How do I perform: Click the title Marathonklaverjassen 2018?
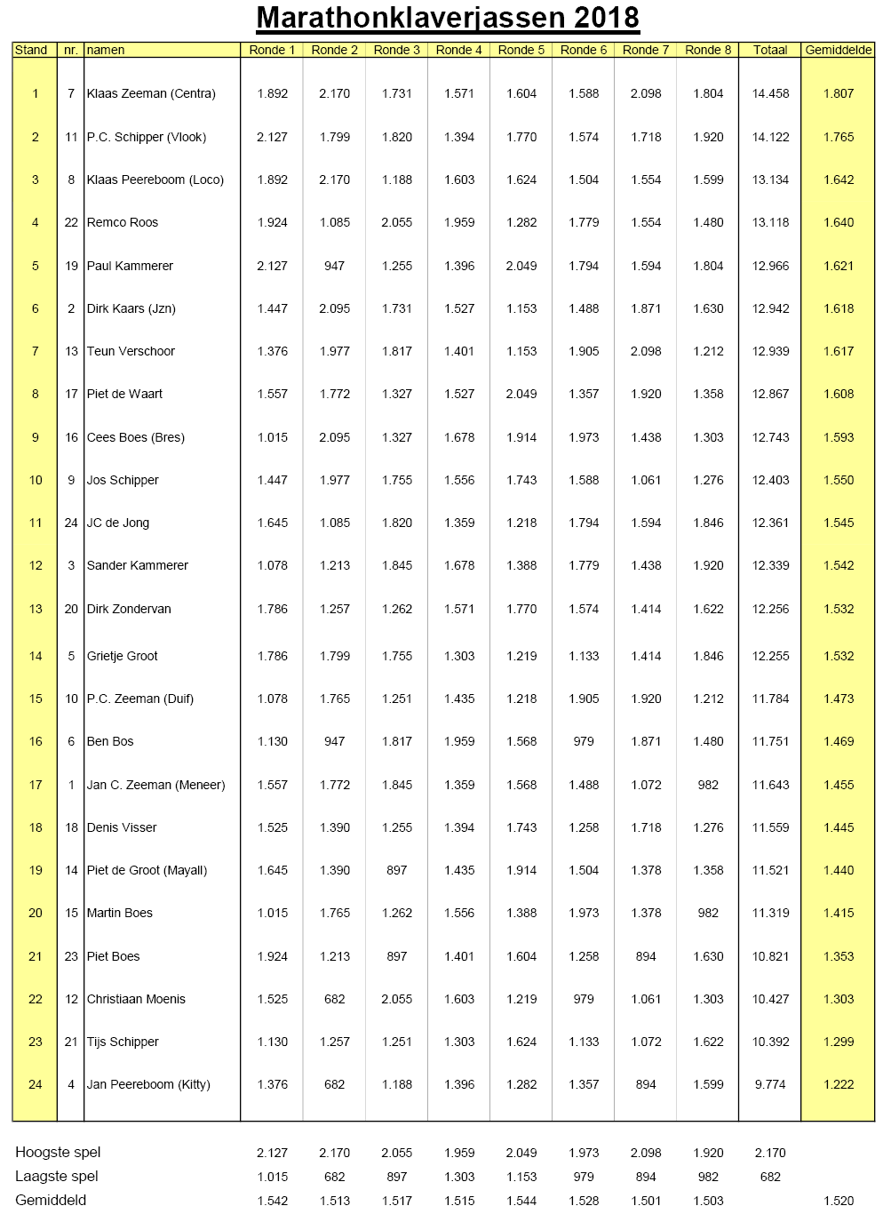pyautogui.click(x=448, y=18)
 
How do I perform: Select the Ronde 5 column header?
pyautogui.click(x=521, y=50)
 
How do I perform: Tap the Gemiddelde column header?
pyautogui.click(x=838, y=50)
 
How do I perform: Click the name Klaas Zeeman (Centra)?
pyautogui.click(x=151, y=93)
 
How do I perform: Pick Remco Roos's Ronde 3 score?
pyautogui.click(x=397, y=222)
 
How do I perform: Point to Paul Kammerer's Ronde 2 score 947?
pyautogui.click(x=335, y=266)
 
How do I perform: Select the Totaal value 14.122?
pyautogui.click(x=770, y=137)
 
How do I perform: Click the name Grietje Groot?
pyautogui.click(x=123, y=656)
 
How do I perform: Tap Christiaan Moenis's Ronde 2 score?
pyautogui.click(x=335, y=999)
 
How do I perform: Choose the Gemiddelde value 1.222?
pyautogui.click(x=838, y=1084)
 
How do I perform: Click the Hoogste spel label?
pyautogui.click(x=58, y=1152)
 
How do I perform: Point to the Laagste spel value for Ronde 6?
pyautogui.click(x=584, y=1177)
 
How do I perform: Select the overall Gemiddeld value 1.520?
pyautogui.click(x=838, y=1201)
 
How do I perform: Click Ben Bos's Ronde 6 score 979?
pyautogui.click(x=584, y=741)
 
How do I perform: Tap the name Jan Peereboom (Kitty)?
pyautogui.click(x=148, y=1084)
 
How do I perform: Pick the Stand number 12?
pyautogui.click(x=36, y=565)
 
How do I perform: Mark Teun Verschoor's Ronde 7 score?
pyautogui.click(x=646, y=351)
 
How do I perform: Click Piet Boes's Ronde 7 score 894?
pyautogui.click(x=646, y=956)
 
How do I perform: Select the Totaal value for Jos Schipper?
pyautogui.click(x=770, y=480)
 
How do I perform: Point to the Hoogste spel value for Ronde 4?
pyautogui.click(x=459, y=1153)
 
